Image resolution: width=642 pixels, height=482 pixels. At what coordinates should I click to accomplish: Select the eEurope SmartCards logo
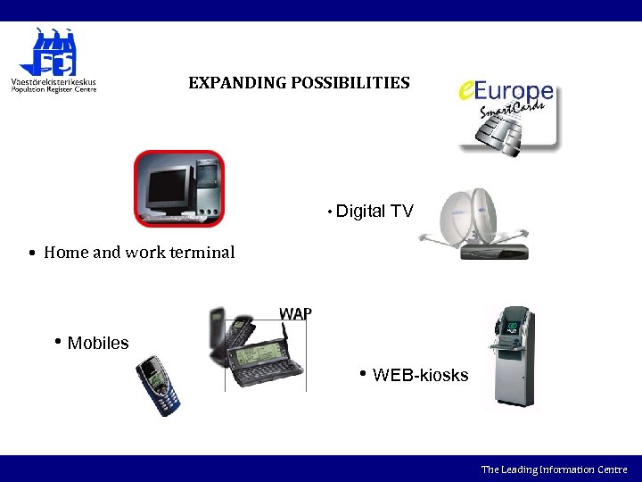[x=507, y=113]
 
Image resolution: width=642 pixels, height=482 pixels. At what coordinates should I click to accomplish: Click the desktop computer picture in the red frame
[x=178, y=188]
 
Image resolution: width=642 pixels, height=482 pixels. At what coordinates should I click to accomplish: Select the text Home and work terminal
[x=139, y=253]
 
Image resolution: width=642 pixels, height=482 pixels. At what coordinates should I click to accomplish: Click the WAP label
[x=295, y=313]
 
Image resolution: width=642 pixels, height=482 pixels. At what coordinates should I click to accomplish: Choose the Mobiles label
[x=98, y=344]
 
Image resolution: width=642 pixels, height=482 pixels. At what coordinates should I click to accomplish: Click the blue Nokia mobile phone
[x=158, y=386]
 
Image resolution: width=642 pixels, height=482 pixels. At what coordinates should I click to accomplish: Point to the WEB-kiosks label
[x=420, y=375]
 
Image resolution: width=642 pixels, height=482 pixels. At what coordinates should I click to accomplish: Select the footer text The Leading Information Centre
[x=554, y=470]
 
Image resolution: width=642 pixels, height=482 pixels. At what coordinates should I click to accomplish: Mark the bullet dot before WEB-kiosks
[x=363, y=373]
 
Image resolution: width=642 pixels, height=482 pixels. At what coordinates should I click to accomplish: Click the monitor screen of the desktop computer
[x=169, y=185]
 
